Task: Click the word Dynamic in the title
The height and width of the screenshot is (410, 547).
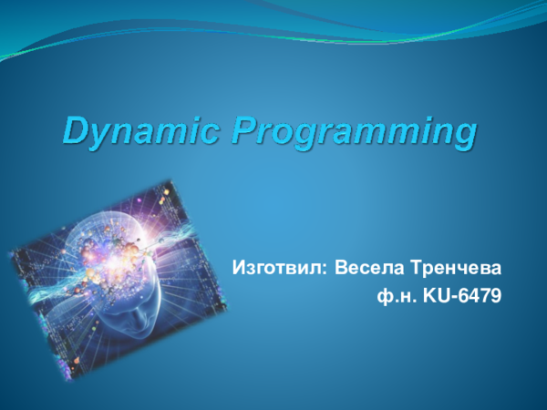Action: pyautogui.click(x=141, y=132)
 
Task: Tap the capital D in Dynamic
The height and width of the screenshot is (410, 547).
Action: pyautogui.click(x=75, y=132)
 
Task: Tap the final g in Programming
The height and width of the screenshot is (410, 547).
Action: pyautogui.click(x=465, y=138)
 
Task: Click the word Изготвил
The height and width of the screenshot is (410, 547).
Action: pyautogui.click(x=278, y=270)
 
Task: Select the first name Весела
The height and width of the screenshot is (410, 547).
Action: pyautogui.click(x=367, y=270)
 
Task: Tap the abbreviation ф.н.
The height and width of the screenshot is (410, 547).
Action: pyautogui.click(x=393, y=295)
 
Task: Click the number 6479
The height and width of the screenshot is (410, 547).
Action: pyautogui.click(x=480, y=295)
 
